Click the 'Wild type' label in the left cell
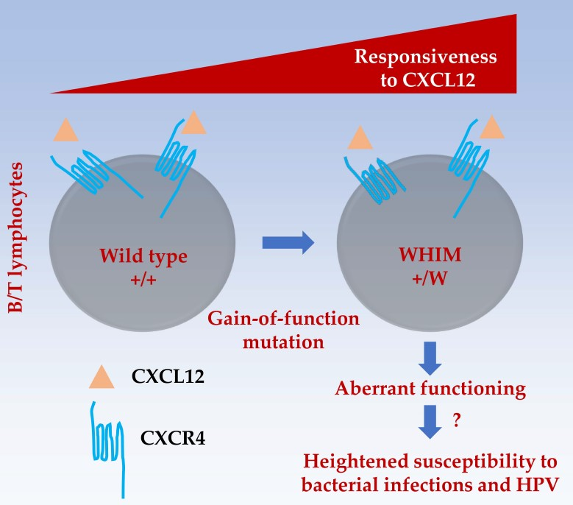(144, 257)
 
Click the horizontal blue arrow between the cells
(288, 242)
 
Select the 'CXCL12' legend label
(168, 378)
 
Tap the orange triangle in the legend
(101, 377)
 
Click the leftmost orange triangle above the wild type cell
(66, 132)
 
